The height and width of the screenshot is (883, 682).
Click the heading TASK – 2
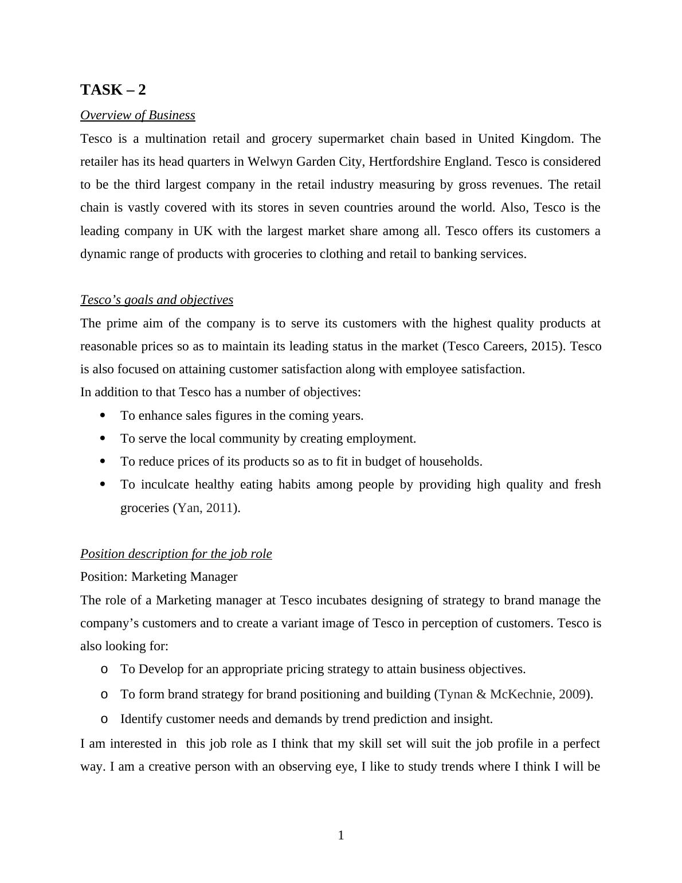click(x=113, y=90)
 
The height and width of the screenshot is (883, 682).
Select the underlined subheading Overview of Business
click(x=138, y=115)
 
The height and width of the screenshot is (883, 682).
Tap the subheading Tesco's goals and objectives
click(x=156, y=300)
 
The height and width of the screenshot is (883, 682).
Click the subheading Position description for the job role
click(x=176, y=554)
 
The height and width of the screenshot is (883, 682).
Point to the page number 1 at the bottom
click(x=341, y=835)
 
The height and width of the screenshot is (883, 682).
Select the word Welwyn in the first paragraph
click(x=269, y=162)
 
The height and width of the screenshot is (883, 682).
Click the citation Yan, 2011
click(x=206, y=508)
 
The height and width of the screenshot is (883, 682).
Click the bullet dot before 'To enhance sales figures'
click(x=103, y=415)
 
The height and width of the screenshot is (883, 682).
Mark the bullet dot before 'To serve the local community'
click(x=103, y=438)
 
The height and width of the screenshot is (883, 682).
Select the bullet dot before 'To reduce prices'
click(x=103, y=461)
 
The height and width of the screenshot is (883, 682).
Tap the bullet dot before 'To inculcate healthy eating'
click(x=103, y=485)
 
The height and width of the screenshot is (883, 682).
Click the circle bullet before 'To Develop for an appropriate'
click(x=104, y=670)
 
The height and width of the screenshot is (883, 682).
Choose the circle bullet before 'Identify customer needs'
click(x=104, y=720)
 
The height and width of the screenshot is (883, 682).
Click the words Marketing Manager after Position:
click(x=184, y=577)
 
